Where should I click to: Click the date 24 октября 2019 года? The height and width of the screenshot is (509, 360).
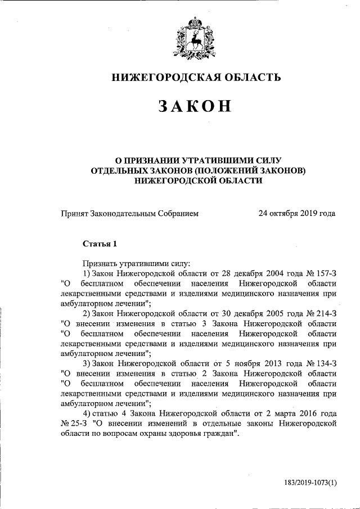coord(297,213)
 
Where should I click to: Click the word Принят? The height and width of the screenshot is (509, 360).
coord(73,213)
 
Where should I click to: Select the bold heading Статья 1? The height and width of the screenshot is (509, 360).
coord(100,244)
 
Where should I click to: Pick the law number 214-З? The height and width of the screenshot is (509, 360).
coord(323,313)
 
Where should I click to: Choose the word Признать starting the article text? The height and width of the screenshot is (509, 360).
coord(99,262)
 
